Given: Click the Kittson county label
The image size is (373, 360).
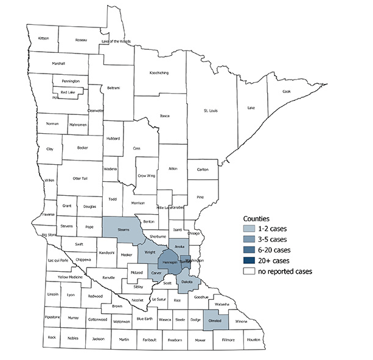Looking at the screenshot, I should (x=43, y=38).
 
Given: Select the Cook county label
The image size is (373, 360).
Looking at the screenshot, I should (x=287, y=91).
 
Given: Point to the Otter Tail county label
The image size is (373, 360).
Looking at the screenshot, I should (x=80, y=178).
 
